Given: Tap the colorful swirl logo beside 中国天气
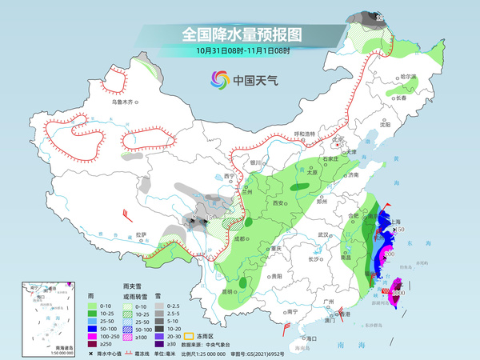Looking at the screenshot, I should coord(218,79).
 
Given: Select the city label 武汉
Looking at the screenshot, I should coord(323,234).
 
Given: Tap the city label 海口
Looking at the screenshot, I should coord(311,338).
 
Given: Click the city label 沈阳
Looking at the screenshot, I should coord(386,125).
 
